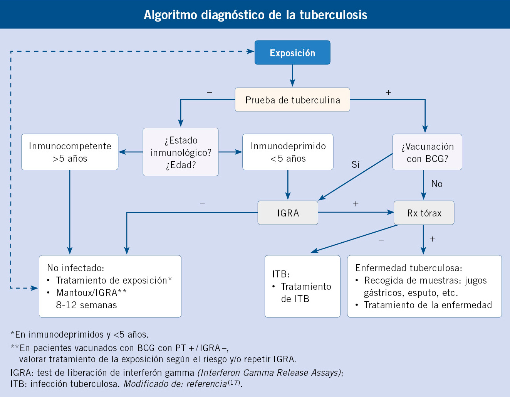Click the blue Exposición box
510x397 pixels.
(x=292, y=52)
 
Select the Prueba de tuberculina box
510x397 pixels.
(x=292, y=100)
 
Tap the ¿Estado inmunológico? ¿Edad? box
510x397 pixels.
(x=181, y=152)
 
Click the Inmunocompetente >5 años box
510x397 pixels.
(x=70, y=152)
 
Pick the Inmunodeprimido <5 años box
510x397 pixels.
(x=288, y=152)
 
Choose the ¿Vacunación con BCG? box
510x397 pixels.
(x=427, y=152)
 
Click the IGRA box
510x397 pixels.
(x=288, y=213)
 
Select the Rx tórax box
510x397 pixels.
(x=424, y=213)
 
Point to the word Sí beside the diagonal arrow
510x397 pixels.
(x=356, y=165)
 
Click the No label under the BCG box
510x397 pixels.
(x=437, y=184)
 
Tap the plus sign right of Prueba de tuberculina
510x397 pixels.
(x=388, y=93)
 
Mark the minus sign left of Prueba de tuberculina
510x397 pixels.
(x=210, y=93)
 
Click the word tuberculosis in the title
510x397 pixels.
(x=333, y=15)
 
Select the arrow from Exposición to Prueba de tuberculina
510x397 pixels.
(x=292, y=76)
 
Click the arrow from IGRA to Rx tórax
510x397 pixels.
(x=356, y=212)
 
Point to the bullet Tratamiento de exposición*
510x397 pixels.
(x=114, y=280)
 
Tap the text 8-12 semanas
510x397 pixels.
(x=86, y=305)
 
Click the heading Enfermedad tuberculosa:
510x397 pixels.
(x=409, y=268)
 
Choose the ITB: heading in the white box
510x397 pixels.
(x=281, y=274)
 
